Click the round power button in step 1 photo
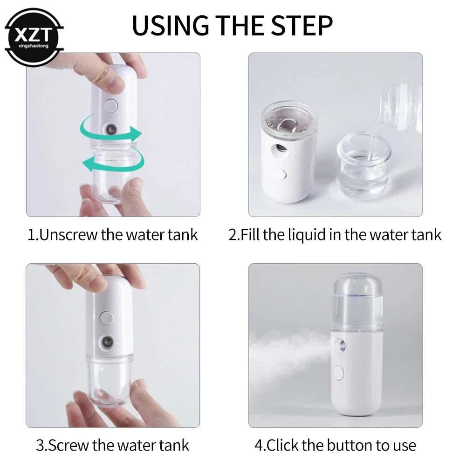pos(110,105)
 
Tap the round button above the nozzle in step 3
pos(107,318)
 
